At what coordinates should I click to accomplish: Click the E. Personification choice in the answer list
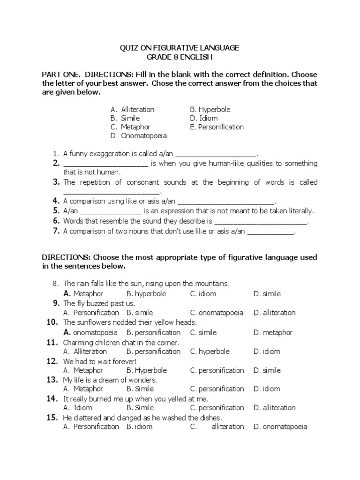pyautogui.click(x=217, y=127)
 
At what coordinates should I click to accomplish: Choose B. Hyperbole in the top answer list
pyautogui.click(x=210, y=109)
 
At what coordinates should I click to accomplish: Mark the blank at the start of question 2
pyautogui.click(x=105, y=164)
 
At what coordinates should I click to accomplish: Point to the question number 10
pyautogui.click(x=52, y=322)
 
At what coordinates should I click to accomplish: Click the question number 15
pyautogui.click(x=52, y=417)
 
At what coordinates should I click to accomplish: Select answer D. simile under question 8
pyautogui.click(x=267, y=294)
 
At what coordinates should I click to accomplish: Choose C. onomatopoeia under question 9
pyautogui.click(x=217, y=313)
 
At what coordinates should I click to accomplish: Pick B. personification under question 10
pyautogui.click(x=153, y=332)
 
